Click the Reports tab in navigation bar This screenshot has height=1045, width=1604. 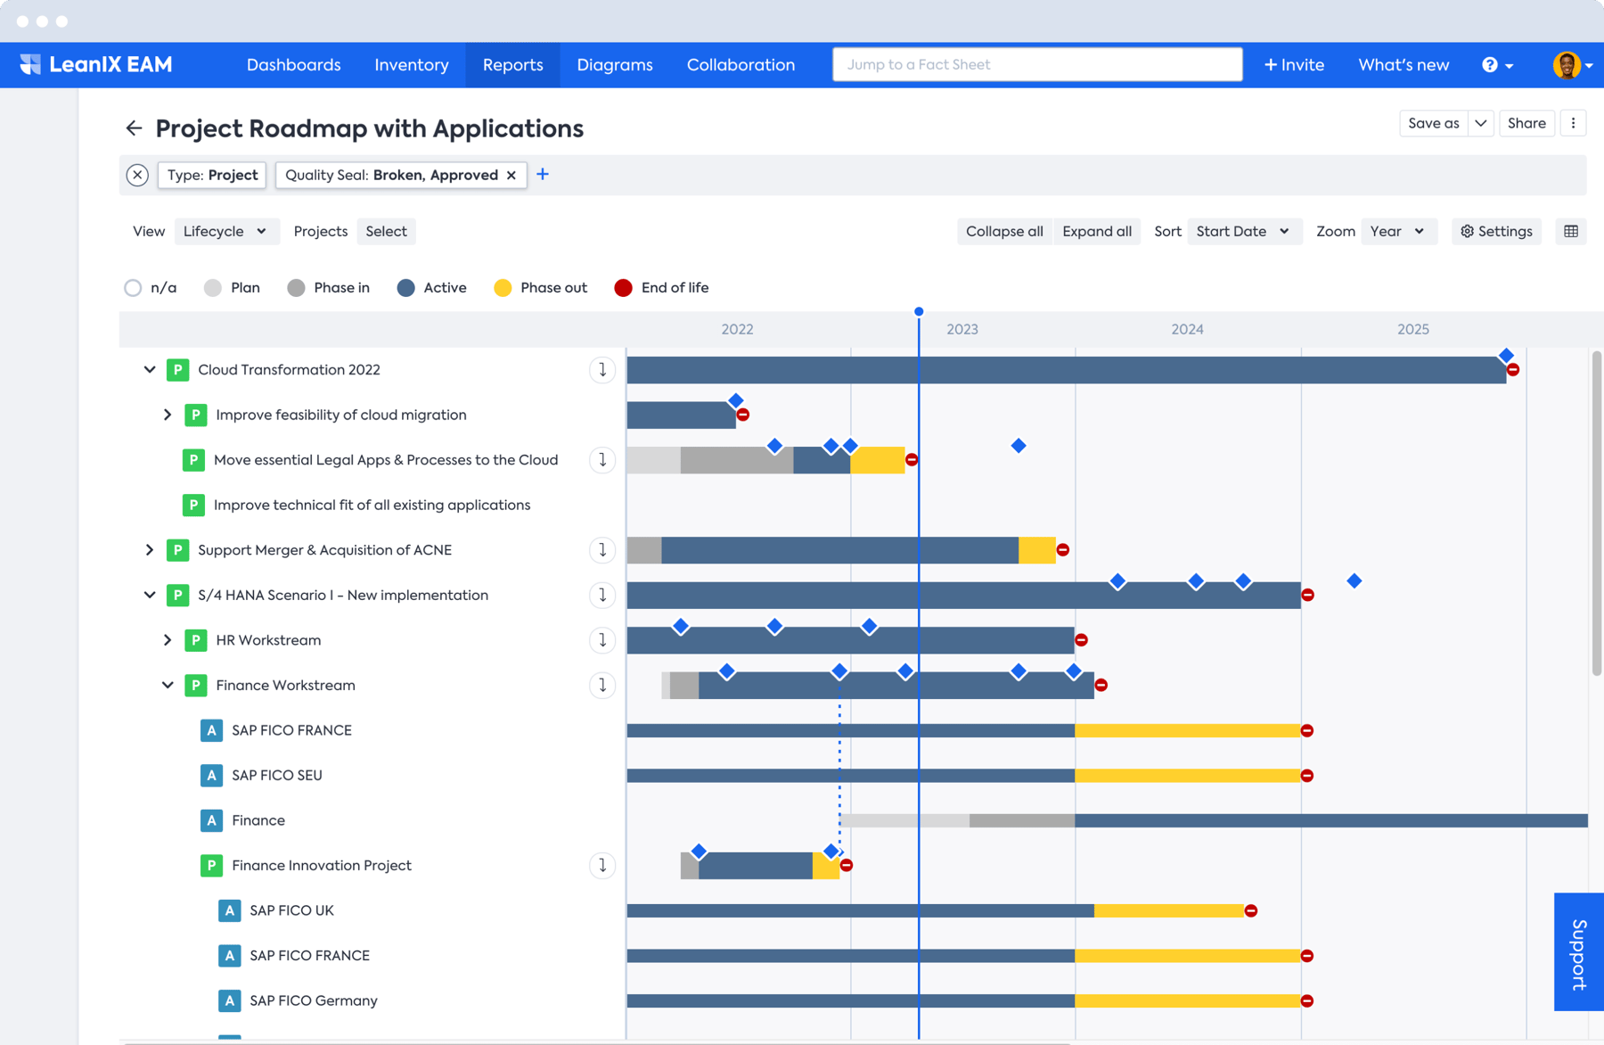(x=512, y=65)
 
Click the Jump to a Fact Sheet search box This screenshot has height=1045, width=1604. (x=1036, y=65)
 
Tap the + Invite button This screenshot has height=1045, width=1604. (x=1294, y=65)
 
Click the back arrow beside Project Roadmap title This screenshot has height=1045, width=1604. (x=134, y=128)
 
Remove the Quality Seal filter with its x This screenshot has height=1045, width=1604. (x=511, y=175)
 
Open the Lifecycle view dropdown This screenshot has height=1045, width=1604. (x=225, y=231)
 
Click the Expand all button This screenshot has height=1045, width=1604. (x=1096, y=231)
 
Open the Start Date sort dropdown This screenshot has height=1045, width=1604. (x=1242, y=231)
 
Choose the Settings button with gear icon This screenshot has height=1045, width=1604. (x=1496, y=231)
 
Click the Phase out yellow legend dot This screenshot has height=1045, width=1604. (x=503, y=288)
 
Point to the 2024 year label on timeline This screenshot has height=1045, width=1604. (x=1187, y=329)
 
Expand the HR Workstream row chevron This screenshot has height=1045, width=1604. (x=168, y=640)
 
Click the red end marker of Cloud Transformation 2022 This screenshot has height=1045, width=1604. (x=1513, y=370)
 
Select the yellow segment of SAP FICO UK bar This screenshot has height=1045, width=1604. (x=1167, y=910)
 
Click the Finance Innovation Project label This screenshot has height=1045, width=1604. (x=322, y=865)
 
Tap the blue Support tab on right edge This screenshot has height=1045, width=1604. (x=1578, y=951)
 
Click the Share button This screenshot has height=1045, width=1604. (x=1526, y=123)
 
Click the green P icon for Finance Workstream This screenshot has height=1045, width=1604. (x=195, y=685)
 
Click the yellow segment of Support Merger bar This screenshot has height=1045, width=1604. (x=1036, y=550)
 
